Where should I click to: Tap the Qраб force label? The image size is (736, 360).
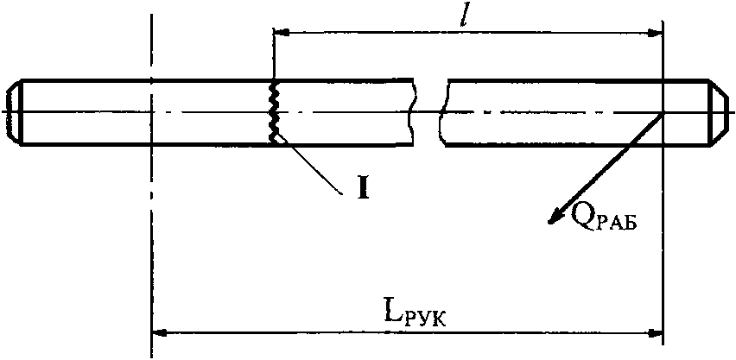click(x=599, y=218)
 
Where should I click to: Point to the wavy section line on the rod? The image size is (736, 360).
click(x=274, y=111)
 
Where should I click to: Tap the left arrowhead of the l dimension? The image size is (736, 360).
click(x=281, y=32)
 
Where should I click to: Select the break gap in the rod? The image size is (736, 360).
click(x=428, y=112)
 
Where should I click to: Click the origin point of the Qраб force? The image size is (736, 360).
click(x=662, y=113)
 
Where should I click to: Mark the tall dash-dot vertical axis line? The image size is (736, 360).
click(x=150, y=216)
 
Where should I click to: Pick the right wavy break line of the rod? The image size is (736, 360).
click(x=442, y=112)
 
